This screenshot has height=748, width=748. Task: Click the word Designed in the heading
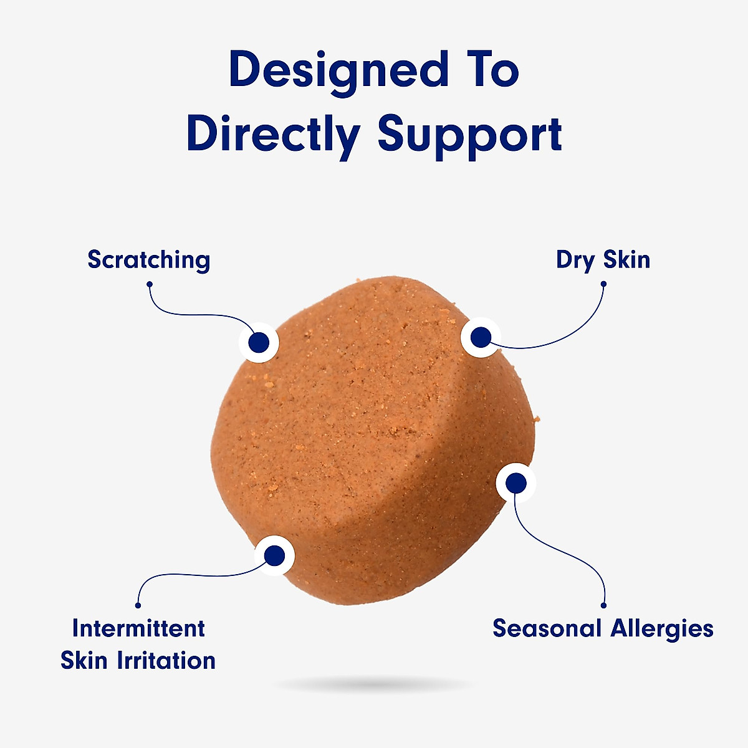[x=339, y=73]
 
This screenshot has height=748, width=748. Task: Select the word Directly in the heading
[x=274, y=137]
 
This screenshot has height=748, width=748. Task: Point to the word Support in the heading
[x=470, y=137]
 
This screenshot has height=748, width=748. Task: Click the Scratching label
[x=149, y=260]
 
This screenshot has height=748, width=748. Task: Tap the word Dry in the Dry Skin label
[x=575, y=261]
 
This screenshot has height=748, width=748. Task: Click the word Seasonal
[x=547, y=628]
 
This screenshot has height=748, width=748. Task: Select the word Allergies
[x=662, y=629]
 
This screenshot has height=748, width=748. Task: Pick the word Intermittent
[x=138, y=628]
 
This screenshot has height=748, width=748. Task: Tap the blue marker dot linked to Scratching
[x=259, y=342]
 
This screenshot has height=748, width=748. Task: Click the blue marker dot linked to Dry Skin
[x=481, y=337]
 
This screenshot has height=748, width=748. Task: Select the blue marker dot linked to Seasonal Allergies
[x=516, y=483]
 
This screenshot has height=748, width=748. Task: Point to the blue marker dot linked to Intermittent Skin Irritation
[x=274, y=555]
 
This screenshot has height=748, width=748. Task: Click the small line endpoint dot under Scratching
[x=150, y=284]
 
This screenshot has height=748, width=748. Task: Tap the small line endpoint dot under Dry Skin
[x=603, y=284]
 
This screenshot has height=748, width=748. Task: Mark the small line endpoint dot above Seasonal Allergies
[x=603, y=605]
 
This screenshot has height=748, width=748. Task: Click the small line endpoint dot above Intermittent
[x=138, y=605]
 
